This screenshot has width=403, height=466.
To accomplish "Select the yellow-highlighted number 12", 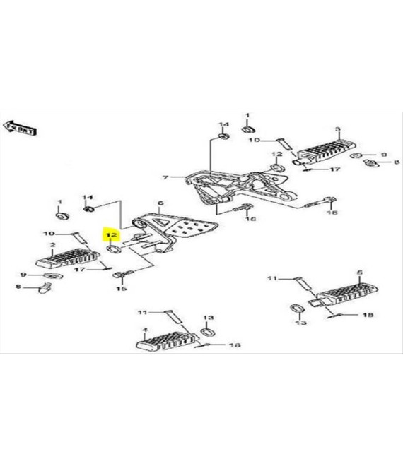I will pos(110,234).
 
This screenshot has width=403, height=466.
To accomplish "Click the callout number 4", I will pos(144,330).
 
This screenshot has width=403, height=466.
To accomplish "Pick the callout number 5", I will pos(358,272).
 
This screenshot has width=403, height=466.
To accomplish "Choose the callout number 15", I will pos(120,289).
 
